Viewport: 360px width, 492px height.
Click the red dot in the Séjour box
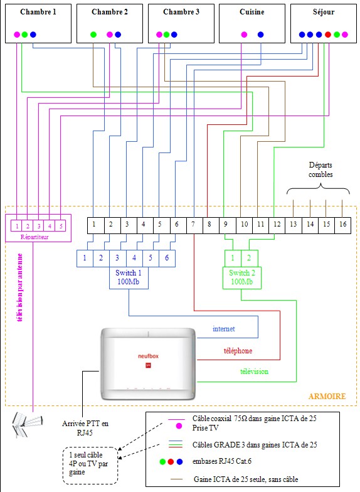pos(328,35)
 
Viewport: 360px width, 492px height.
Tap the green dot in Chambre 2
pos(93,35)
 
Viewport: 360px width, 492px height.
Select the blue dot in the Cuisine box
pos(261,35)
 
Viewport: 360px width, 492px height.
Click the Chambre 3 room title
pos(181,12)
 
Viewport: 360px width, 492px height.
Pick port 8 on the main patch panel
pos(209,225)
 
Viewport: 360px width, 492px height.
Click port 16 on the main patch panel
pos(342,225)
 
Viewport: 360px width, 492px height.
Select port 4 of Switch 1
pos(134,259)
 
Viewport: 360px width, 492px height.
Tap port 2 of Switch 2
pos(250,259)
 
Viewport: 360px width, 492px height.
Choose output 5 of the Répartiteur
pos(61,226)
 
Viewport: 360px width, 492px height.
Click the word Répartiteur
pos(34,237)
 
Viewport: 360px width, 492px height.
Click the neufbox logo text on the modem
pos(148,356)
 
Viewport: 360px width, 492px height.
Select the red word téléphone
pos(238,350)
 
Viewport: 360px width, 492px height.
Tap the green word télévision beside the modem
pos(255,372)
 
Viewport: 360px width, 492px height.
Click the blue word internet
pos(223,329)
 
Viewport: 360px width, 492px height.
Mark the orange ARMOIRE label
pos(327,397)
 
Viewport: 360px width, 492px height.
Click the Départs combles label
pos(320,169)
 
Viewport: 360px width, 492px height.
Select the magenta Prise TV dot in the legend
pos(179,426)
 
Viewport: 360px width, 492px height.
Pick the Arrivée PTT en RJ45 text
pos(85,428)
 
